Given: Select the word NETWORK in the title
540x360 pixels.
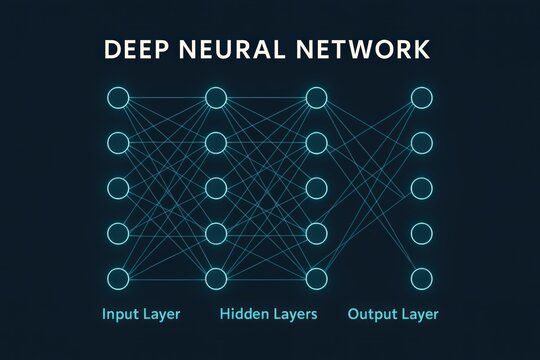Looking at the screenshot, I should [375, 50].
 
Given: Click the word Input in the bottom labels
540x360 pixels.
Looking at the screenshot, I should [121, 315].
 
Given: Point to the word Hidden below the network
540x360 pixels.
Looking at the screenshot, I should [243, 314].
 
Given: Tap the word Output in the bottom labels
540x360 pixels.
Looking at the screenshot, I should [371, 314].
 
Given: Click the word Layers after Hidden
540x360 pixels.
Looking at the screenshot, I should [295, 314].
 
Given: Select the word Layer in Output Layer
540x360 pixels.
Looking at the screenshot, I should [419, 315].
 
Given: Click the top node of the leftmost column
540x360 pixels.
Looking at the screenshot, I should [118, 98].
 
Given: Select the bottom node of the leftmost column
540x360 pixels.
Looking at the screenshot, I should [118, 278].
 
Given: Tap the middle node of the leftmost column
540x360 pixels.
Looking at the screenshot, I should [118, 188].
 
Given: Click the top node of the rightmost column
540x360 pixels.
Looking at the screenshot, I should [422, 98].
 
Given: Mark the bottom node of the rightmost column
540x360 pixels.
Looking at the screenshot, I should [422, 278].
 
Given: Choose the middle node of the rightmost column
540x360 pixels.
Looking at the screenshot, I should [422, 188].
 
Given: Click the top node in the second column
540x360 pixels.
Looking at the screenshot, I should [217, 98].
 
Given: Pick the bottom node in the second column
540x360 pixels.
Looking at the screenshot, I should [217, 278].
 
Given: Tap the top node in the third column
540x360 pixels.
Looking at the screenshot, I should [316, 98].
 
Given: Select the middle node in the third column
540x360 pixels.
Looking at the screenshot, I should [316, 188].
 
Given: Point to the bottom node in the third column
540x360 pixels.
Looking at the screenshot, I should [316, 278].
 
